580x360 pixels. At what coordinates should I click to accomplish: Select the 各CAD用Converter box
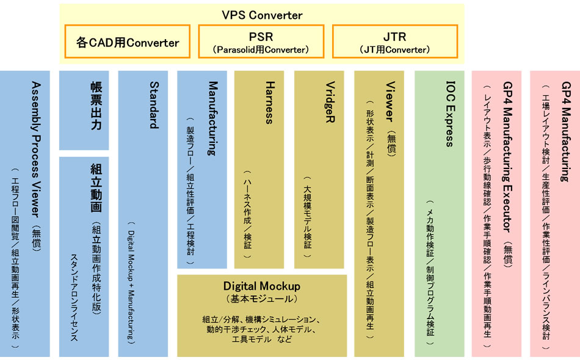coord(128,42)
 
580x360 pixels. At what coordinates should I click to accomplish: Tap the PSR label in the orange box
coord(261,37)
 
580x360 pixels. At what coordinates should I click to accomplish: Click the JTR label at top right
coord(394,37)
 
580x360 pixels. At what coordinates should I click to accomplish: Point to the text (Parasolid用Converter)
coord(261,49)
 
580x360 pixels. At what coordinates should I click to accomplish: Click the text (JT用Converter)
coord(394,49)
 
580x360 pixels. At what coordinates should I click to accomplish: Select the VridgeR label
coord(329,104)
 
